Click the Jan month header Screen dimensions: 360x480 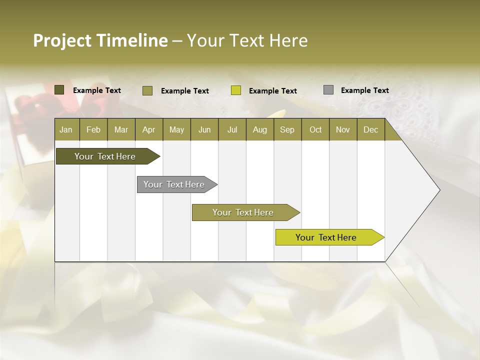(66, 129)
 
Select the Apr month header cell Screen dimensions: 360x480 (149, 129)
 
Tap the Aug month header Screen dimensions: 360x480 (260, 129)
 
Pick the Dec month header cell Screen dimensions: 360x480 (371, 129)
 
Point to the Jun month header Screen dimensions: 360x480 (204, 129)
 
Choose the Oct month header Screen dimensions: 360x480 (315, 129)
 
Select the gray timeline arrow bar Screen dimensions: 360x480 (175, 184)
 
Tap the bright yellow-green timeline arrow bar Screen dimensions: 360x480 (327, 237)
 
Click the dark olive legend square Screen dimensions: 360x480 (59, 90)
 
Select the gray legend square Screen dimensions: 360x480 (328, 90)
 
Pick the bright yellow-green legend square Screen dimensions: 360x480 (236, 90)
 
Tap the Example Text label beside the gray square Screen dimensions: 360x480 (365, 90)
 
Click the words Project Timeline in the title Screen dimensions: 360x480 (100, 40)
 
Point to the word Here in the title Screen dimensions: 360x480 (288, 40)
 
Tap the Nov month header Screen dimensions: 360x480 (343, 129)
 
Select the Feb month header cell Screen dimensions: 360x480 (93, 129)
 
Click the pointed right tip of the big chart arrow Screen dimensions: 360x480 (438, 190)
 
